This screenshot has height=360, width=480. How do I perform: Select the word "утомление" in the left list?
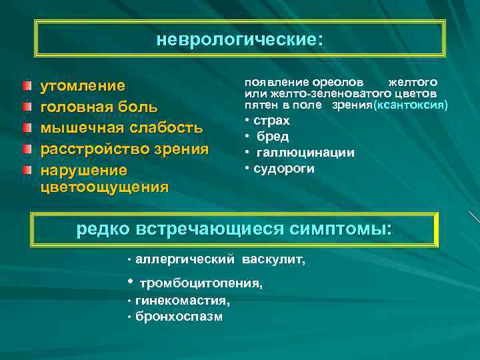click(x=83, y=86)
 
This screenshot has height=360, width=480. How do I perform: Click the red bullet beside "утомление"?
click(x=25, y=86)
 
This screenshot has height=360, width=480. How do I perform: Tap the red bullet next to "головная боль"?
click(x=25, y=107)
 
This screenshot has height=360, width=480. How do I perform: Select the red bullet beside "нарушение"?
click(x=25, y=169)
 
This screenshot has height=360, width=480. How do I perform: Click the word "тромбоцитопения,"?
click(x=201, y=283)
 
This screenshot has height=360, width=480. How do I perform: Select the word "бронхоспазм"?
click(x=179, y=316)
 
